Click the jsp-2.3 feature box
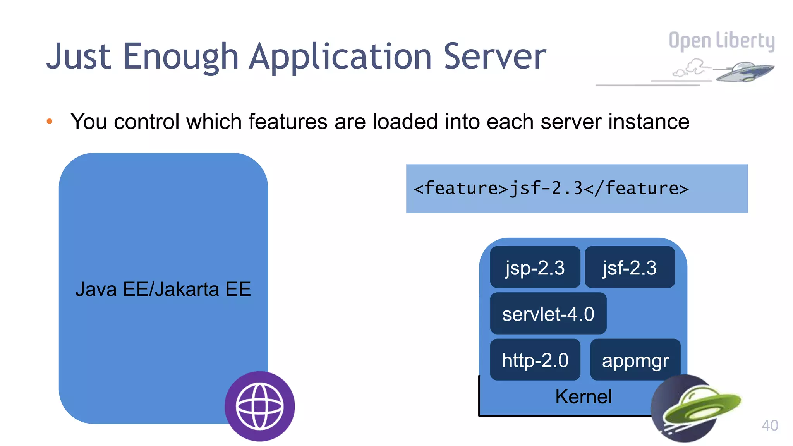[535, 268]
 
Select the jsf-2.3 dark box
[630, 268]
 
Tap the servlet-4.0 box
[548, 314]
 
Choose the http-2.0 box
[535, 360]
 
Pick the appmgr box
[635, 360]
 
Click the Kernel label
[583, 396]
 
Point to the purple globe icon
[259, 406]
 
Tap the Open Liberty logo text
[721, 41]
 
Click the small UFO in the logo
[743, 72]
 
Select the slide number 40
[769, 425]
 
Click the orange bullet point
[50, 122]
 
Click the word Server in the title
[494, 57]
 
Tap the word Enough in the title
[180, 57]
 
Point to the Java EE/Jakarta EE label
[163, 289]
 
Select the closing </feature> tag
[636, 189]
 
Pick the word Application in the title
[340, 57]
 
